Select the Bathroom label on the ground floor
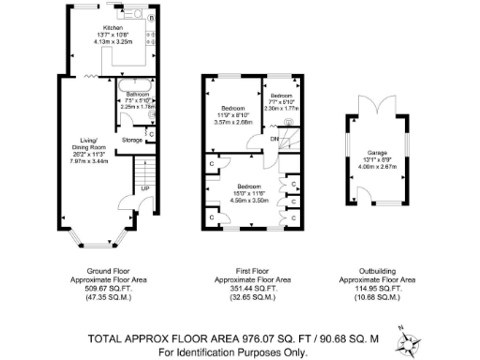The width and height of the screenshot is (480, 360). [x=138, y=95]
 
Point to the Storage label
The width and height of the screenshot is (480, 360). [x=131, y=141]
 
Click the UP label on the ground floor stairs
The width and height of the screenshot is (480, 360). [x=143, y=188]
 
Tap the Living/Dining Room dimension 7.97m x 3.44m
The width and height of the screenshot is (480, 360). [x=91, y=161]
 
